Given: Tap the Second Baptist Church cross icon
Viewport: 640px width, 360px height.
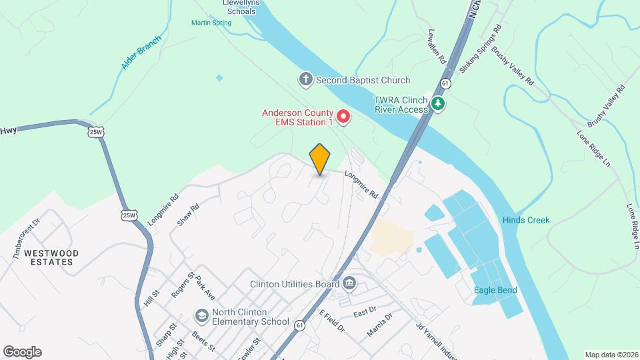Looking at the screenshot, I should (305, 80).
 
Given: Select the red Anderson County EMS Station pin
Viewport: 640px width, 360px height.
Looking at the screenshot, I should (343, 118).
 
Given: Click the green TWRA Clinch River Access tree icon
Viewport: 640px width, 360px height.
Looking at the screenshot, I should (438, 103).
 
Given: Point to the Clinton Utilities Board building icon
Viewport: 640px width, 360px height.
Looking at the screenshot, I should (349, 284).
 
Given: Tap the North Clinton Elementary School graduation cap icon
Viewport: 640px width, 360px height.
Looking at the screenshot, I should (201, 315).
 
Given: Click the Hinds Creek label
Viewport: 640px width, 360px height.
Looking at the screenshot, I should (526, 220).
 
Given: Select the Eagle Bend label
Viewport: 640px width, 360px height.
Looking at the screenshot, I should (495, 290).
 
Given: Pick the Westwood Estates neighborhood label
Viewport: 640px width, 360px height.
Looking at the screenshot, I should (51, 257).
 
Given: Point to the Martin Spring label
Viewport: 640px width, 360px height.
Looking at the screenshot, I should (211, 23).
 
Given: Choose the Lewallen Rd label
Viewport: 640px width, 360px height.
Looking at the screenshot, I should (437, 46).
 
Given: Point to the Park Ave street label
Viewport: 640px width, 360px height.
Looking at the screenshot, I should (205, 289).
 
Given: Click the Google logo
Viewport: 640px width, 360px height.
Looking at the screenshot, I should (22, 352).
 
